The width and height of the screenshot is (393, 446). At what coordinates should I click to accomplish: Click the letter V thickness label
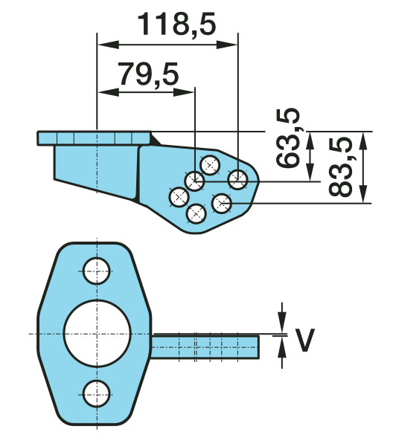pos(304,340)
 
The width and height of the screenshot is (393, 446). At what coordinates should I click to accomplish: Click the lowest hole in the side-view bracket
pos(195,214)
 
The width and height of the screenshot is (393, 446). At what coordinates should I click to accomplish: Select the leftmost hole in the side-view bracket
pos(178,197)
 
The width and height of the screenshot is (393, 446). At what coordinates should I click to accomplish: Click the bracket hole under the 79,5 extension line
pos(195,180)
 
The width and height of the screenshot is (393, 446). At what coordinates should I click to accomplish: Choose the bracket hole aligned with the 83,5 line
pos(223,201)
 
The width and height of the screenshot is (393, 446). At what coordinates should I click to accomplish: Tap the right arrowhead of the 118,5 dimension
pos(232,45)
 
